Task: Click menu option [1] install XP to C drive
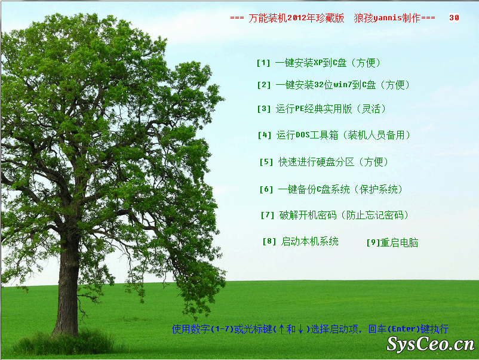click(318, 63)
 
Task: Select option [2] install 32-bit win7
click(333, 85)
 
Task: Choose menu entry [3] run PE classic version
click(321, 109)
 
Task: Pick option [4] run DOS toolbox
click(334, 135)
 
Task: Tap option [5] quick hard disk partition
click(324, 162)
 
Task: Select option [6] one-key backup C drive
click(331, 189)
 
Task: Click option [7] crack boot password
click(334, 216)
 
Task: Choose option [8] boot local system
click(300, 242)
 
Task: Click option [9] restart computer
click(392, 243)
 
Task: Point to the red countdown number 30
click(454, 18)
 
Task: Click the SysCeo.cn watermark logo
click(431, 344)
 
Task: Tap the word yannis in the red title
click(388, 18)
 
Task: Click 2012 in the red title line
click(297, 18)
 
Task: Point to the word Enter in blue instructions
click(403, 329)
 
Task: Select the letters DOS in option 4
click(303, 135)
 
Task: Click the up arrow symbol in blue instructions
click(281, 329)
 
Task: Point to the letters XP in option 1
click(318, 63)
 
